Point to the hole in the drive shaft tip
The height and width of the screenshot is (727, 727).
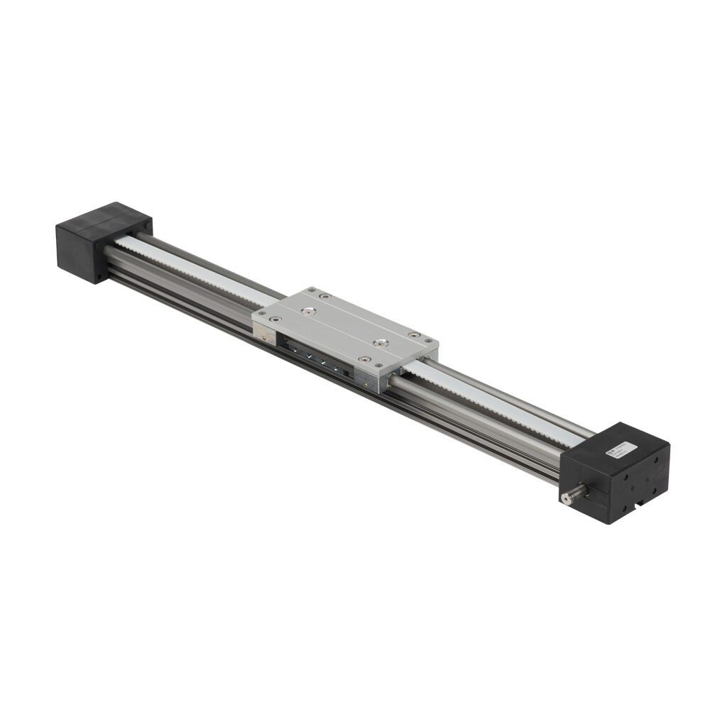565,499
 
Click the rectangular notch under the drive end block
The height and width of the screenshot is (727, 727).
641,505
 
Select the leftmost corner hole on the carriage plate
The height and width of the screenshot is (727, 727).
261,313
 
